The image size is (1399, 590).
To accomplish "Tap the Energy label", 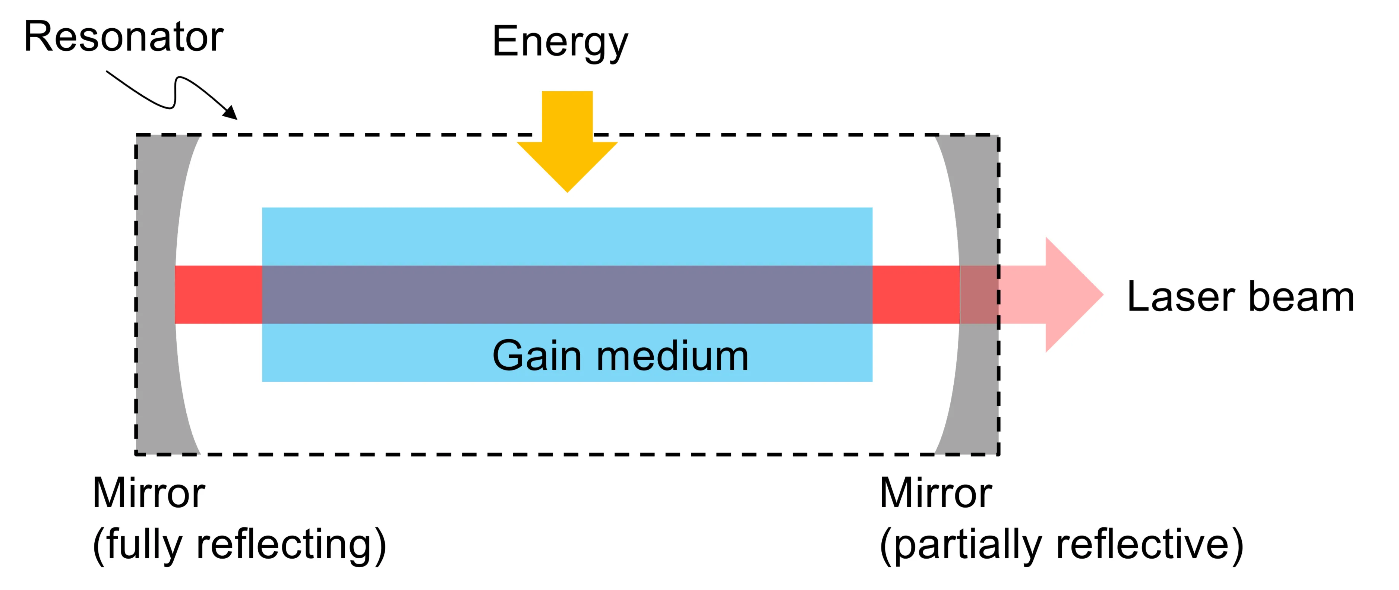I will click(559, 42).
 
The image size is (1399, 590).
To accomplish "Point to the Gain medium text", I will click(620, 356).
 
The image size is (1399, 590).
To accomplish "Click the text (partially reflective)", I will click(1061, 545).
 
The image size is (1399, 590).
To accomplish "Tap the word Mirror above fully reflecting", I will click(148, 493).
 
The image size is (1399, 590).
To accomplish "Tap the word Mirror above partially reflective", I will click(935, 493).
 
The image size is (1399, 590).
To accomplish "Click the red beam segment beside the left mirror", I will click(218, 294).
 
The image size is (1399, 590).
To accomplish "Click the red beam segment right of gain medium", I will click(916, 294).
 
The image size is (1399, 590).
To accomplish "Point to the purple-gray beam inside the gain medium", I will click(567, 294).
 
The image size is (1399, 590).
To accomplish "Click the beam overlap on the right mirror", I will click(979, 294).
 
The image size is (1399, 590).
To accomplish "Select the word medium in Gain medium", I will click(672, 356).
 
